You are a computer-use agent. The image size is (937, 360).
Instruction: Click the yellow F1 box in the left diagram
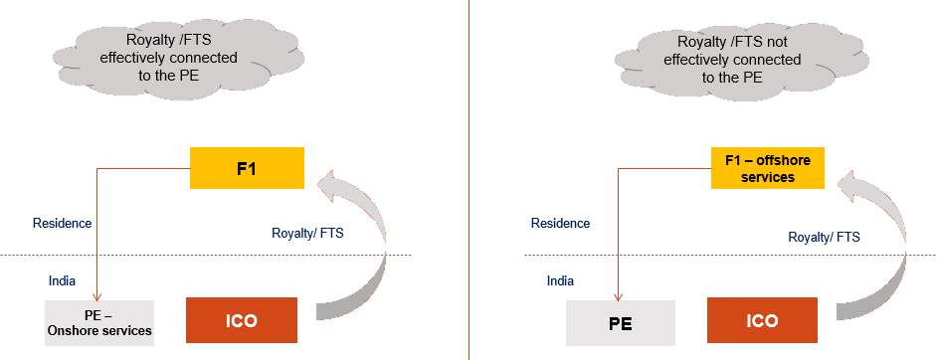tap(247, 168)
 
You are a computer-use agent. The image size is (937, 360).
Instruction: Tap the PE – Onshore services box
tap(99, 322)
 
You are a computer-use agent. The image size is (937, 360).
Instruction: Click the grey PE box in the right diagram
tap(621, 323)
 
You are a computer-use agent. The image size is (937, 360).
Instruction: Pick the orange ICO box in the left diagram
tap(243, 321)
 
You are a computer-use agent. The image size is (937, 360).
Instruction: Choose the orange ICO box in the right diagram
tap(763, 322)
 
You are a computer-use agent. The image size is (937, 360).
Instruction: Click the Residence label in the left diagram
tap(63, 224)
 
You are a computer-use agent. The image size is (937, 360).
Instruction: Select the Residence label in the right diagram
tap(560, 224)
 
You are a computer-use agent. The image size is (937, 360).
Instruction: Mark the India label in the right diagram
tap(560, 280)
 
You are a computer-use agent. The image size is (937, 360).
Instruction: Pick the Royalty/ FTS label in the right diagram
tap(824, 237)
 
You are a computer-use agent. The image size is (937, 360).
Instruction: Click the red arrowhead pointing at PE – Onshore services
tap(96, 295)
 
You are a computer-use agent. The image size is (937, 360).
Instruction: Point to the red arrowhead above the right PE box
tap(618, 295)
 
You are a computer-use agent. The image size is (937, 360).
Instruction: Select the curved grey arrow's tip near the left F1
tap(321, 182)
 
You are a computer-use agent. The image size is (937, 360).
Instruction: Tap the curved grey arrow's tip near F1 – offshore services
tap(843, 182)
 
